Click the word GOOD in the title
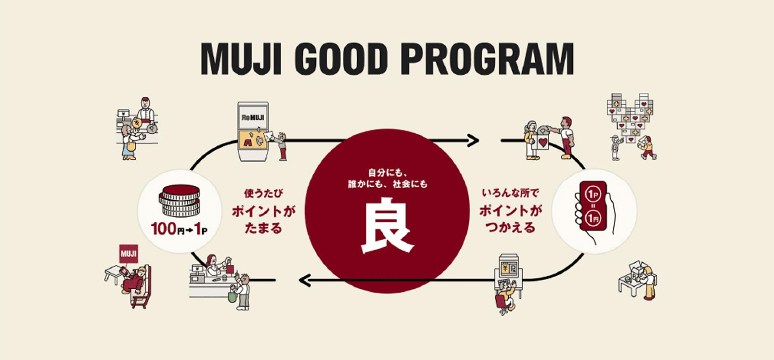[x=341, y=59]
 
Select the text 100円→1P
[x=179, y=229]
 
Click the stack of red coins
[x=179, y=201]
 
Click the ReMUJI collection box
[x=253, y=131]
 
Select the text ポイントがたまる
[x=263, y=219]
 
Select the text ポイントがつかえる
[x=510, y=219]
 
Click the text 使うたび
[x=263, y=193]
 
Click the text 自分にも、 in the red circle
[x=387, y=172]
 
